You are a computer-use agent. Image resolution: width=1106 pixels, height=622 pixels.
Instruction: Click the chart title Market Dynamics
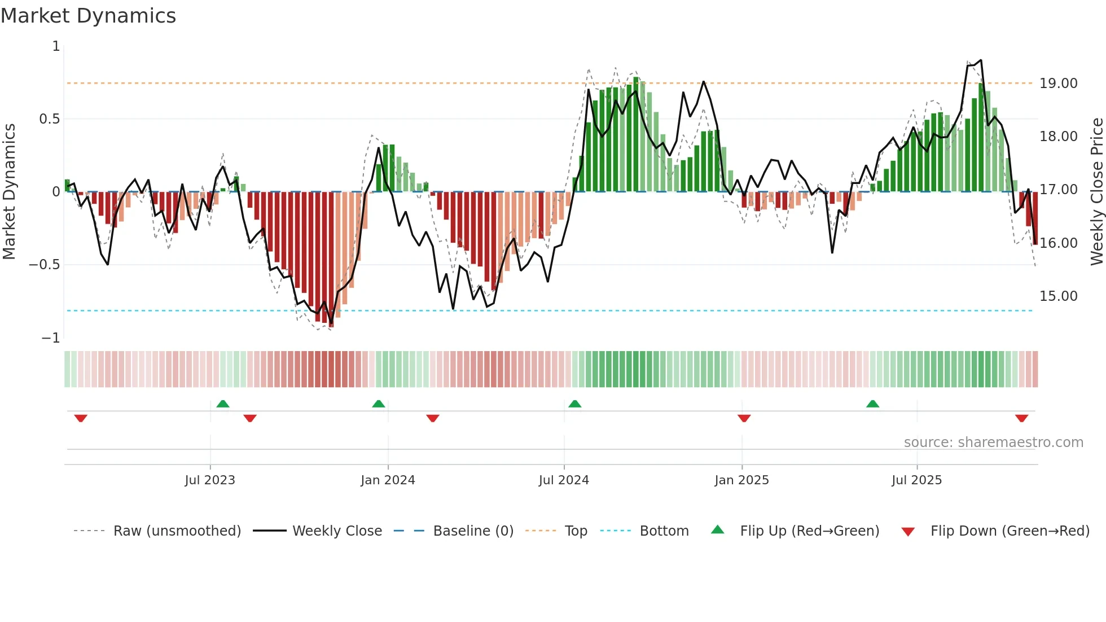pos(88,16)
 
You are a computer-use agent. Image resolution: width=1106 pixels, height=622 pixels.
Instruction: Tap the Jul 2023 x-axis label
pos(209,480)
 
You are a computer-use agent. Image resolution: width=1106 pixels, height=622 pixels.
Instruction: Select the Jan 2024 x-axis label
pos(388,480)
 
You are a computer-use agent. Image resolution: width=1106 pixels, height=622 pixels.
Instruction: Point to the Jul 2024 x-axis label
pos(564,480)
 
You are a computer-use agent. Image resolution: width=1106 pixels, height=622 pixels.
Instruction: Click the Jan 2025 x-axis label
pos(741,480)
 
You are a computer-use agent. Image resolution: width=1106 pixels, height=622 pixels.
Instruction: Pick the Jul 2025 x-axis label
pos(916,480)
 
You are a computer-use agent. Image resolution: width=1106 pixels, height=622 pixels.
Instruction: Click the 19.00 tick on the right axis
pos(1058,84)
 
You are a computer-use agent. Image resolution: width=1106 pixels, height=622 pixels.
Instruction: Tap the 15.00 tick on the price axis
pos(1058,296)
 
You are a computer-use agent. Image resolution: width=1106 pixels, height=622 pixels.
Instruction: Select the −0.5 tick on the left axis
pos(44,265)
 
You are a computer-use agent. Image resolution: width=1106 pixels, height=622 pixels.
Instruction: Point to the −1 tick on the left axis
pos(50,338)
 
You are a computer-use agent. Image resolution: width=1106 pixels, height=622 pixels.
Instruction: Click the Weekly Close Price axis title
pos(1096,191)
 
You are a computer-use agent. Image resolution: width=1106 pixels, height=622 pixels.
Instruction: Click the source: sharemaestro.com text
pos(993,443)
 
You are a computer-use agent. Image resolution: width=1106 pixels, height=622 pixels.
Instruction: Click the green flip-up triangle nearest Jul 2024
pos(574,404)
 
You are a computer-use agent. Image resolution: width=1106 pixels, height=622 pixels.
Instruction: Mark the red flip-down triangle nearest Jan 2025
pos(744,418)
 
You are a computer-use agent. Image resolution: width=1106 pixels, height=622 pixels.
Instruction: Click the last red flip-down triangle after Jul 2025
pos(1021,418)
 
